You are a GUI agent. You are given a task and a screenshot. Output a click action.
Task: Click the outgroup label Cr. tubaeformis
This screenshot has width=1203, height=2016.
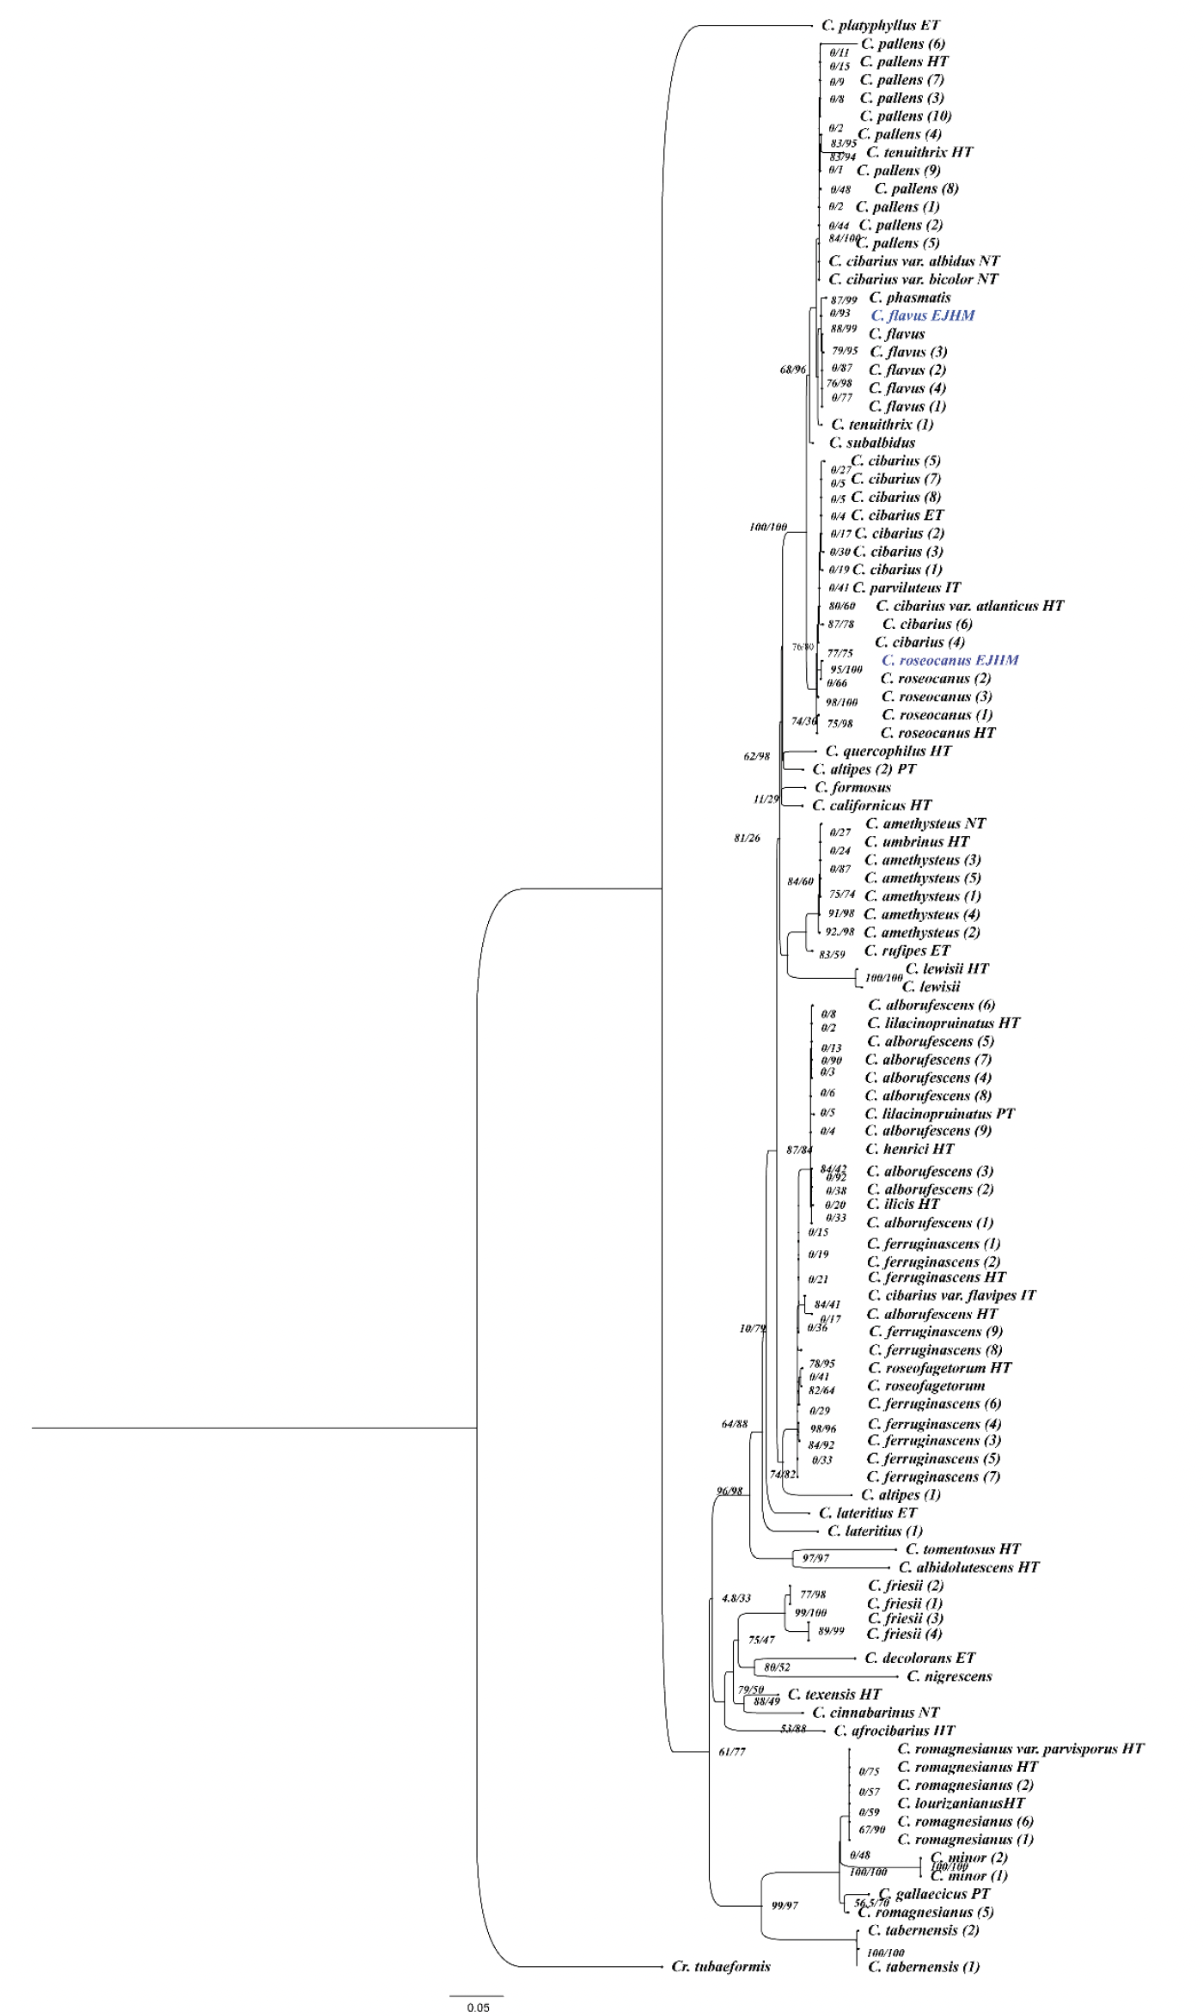pos(720,1966)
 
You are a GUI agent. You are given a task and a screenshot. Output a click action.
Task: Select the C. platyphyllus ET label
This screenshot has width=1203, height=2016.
pos(880,26)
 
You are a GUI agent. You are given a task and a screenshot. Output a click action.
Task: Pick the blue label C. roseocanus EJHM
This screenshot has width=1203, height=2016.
pos(950,660)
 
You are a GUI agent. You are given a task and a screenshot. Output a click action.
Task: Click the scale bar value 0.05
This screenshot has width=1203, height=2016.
pos(478,2007)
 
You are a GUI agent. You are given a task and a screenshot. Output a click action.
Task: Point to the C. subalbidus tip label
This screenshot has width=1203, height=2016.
pos(871,443)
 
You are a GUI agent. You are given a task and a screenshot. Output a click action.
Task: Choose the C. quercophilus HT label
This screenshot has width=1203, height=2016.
pos(888,751)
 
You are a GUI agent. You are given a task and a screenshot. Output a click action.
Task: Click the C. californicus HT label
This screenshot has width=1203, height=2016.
pos(871,805)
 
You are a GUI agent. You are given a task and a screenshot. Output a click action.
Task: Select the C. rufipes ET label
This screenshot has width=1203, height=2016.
pos(907,950)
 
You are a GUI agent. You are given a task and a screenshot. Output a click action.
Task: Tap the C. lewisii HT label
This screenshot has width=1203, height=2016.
pos(946,968)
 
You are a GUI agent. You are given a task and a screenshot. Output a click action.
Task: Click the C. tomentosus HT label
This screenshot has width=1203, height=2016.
pos(962,1549)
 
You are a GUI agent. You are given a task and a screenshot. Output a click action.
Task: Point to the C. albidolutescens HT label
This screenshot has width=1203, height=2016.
pos(968,1567)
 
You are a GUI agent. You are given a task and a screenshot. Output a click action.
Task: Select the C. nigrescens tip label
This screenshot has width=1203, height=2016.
pos(949,1676)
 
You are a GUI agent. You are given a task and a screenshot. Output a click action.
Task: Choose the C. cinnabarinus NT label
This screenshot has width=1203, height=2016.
pos(876,1712)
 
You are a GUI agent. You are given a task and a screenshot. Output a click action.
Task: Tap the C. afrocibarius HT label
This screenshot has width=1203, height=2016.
pos(894,1730)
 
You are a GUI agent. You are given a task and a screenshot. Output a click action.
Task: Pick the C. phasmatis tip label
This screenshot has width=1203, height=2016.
pos(909,297)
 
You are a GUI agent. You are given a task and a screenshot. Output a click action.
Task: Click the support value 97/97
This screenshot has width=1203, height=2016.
pos(815,1558)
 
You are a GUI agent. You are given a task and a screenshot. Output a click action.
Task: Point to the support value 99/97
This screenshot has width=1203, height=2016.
pos(785,1905)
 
